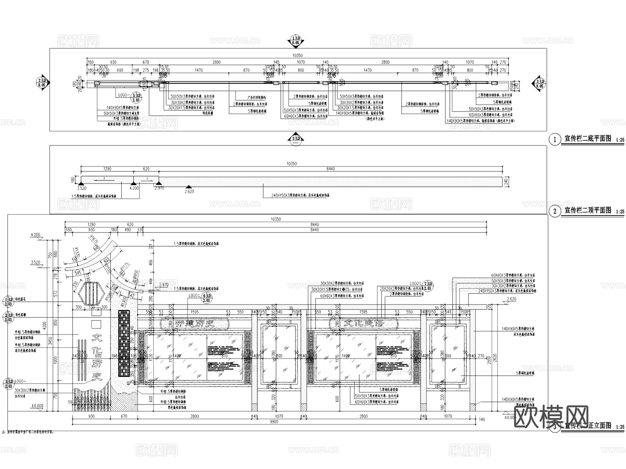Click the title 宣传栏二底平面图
[587, 139]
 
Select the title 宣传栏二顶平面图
[587, 210]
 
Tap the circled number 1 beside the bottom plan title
[555, 140]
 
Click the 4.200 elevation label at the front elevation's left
[35, 235]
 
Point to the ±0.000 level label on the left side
[37, 406]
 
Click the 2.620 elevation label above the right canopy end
[511, 299]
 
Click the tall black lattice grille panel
[123, 344]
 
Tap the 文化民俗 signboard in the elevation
[363, 323]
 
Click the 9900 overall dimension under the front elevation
[274, 422]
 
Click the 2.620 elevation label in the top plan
[189, 191]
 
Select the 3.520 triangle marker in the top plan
[81, 184]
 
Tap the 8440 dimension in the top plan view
[330, 169]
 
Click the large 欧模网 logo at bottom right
[551, 417]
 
